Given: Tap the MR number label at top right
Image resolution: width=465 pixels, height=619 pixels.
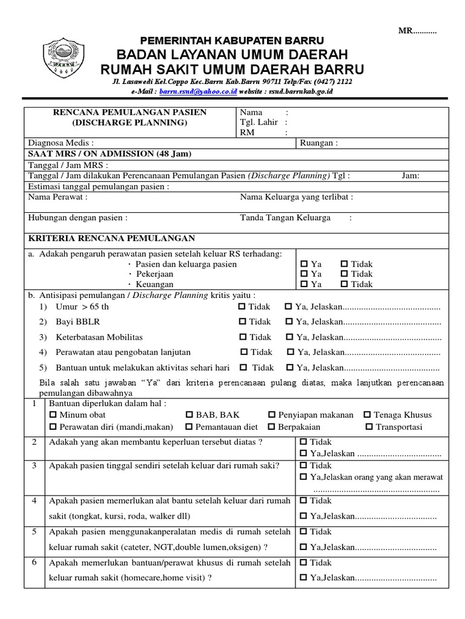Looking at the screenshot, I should coord(417,31).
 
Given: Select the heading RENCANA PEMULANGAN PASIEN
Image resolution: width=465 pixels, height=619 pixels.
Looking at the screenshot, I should coord(130,112).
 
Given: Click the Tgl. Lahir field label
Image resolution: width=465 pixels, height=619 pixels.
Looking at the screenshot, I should coord(259,122).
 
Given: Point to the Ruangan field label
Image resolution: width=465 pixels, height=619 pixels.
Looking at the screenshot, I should coord(318,143).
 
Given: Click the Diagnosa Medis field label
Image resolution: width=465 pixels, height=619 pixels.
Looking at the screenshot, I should coord(61,143).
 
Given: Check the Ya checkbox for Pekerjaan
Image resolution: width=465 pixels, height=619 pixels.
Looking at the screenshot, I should coord(305,274).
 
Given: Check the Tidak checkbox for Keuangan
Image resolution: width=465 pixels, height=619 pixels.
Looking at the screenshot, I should coord(344,285).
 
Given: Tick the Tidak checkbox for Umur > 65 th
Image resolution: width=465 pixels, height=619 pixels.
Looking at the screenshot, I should coord(242,306).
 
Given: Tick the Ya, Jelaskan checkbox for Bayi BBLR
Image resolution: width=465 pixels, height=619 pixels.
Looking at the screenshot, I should coord(288,322).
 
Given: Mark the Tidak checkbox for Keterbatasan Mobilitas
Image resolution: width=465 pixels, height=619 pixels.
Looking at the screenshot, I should coord(242,337).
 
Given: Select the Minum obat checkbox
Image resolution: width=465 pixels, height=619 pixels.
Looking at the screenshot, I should coord(52,415).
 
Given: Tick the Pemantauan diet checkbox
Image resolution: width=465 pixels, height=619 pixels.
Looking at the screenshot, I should coord(190,427).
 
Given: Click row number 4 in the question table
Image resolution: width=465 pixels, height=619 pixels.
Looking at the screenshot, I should coord(35,501).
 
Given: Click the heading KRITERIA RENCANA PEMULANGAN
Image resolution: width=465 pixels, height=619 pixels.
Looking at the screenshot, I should coord(111,238).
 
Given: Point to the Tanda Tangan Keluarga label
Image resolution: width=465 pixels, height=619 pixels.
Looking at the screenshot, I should coord(285,218).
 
